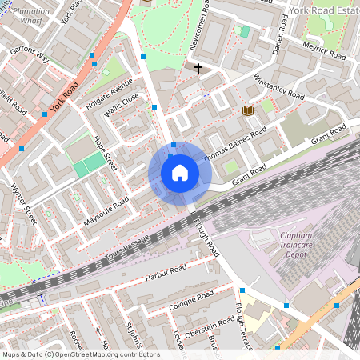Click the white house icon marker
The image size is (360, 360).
click(x=180, y=173)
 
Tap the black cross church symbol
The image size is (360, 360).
click(x=198, y=69)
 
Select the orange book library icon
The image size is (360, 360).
click(x=247, y=110)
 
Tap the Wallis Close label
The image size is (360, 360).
click(x=122, y=105)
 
